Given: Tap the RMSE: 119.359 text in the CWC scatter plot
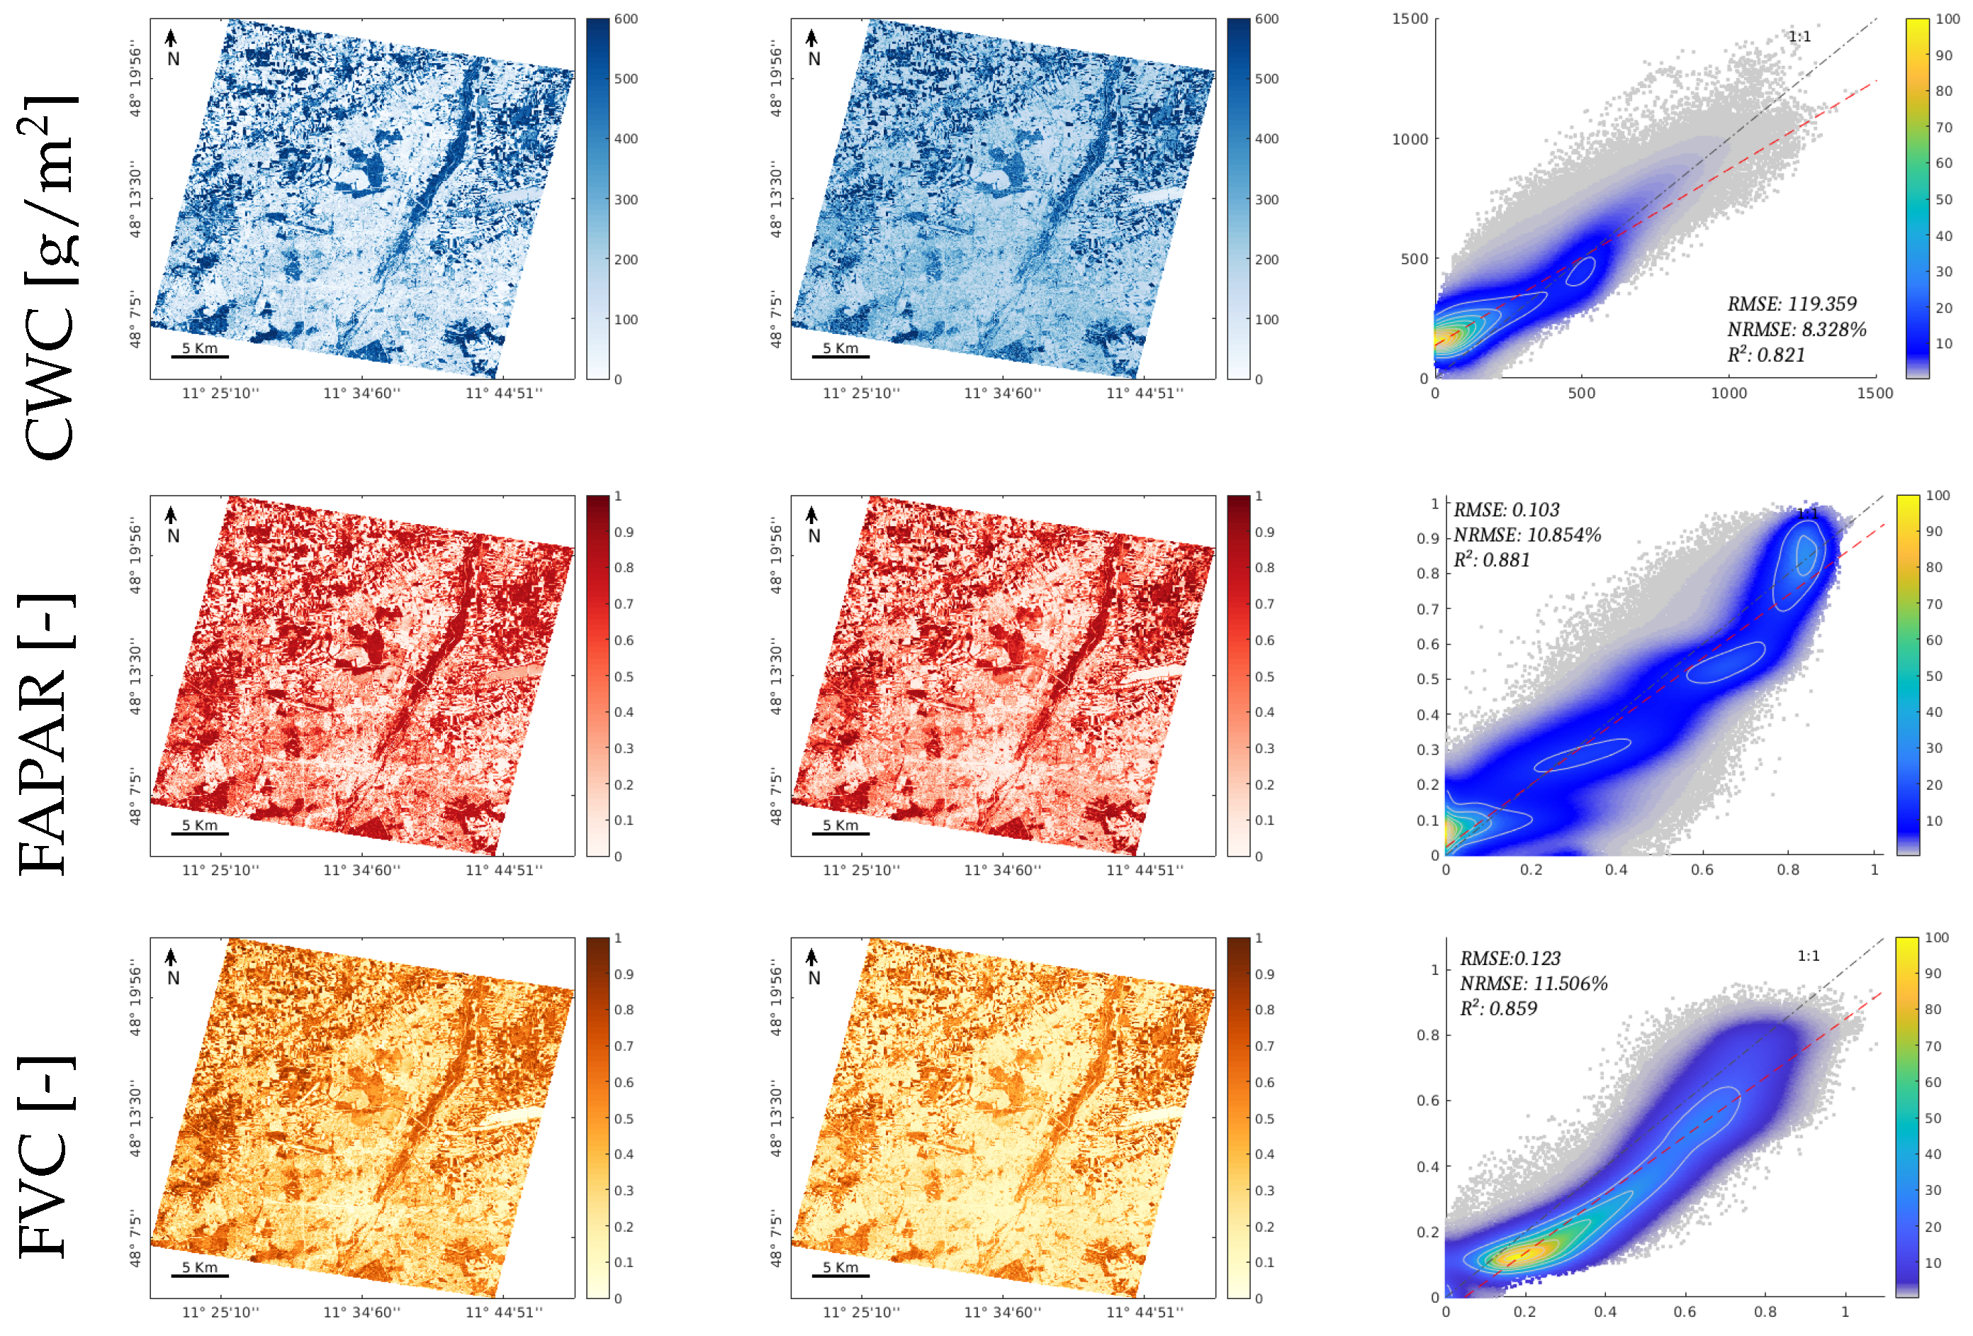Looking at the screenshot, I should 1792,304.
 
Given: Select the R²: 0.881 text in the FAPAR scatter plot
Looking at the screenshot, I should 1492,560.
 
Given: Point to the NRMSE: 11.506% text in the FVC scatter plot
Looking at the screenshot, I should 1533,984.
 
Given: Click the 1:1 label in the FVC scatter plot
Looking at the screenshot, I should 1809,955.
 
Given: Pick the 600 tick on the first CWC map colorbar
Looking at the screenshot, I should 626,18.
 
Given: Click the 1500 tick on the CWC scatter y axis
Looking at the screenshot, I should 1410,18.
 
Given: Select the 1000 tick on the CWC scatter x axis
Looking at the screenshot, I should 1729,394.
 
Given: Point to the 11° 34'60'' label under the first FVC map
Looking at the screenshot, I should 361,1312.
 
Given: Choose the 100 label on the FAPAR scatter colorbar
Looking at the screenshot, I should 1938,495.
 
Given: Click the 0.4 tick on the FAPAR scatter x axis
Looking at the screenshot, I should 1617,869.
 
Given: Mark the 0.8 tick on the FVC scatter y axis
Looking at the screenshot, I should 1427,1035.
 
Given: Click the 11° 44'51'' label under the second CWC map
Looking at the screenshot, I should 1145,394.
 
